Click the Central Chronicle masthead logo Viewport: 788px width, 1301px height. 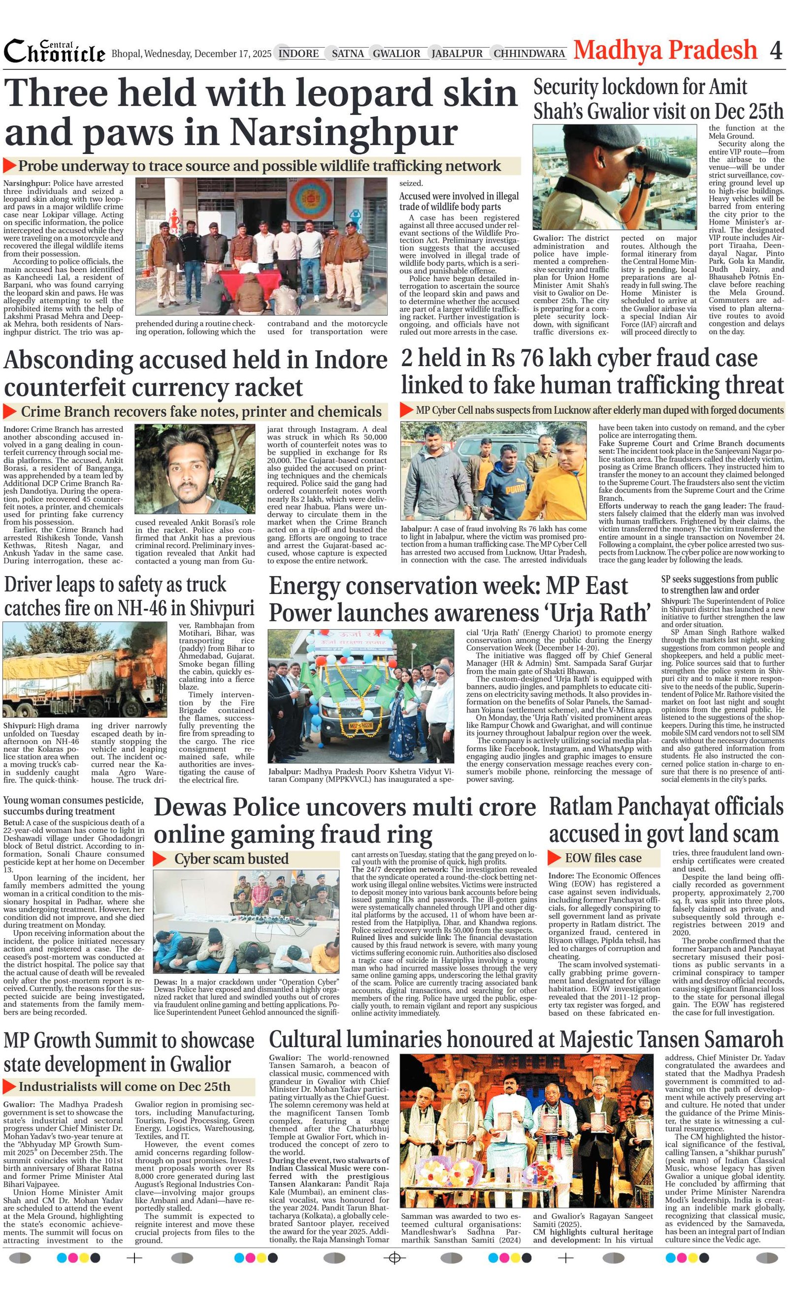point(55,52)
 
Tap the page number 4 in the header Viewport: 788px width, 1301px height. point(775,51)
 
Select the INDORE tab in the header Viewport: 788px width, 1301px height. point(298,53)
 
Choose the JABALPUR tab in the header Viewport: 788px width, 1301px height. point(457,53)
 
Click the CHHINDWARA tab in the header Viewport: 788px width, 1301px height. point(529,53)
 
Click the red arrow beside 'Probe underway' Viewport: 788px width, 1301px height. point(9,166)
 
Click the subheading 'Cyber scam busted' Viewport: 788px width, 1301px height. point(231,859)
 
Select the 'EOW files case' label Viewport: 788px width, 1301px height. point(602,858)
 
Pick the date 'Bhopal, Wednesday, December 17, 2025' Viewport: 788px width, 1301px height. point(191,54)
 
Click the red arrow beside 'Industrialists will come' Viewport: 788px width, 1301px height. point(9,1086)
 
